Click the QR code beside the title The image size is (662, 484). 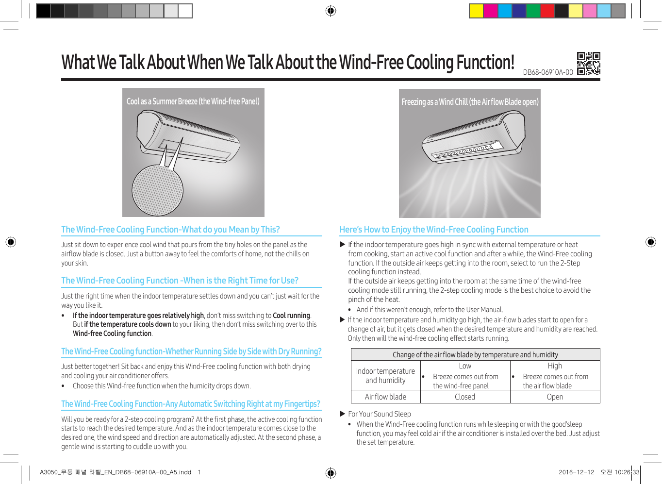588,64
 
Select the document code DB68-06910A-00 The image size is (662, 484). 548,72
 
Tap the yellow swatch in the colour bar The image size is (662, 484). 476,11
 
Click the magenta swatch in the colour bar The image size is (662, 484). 490,11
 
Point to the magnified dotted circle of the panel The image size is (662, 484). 158,191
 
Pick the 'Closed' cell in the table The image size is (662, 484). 465,397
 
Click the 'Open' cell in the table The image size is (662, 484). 555,397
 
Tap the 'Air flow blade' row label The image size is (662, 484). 385,397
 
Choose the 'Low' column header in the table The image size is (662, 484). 465,366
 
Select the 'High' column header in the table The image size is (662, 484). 555,366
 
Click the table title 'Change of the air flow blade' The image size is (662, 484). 475,354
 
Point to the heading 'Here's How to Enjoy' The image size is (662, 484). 434,230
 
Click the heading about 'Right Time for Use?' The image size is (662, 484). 180,280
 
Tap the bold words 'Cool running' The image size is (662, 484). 291,316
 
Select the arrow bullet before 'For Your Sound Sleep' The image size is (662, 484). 343,414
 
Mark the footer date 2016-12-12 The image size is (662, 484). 576,472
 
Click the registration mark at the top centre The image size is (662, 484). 331,11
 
